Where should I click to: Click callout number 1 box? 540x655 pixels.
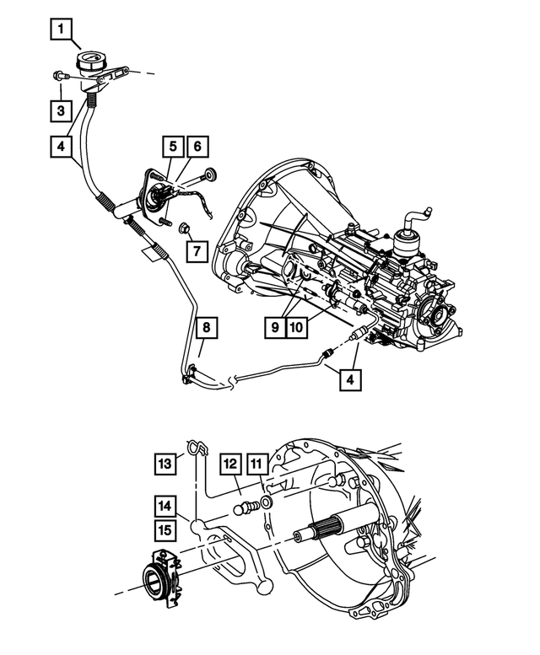60,32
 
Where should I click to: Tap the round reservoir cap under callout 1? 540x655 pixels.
89,62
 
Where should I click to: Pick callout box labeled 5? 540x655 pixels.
173,147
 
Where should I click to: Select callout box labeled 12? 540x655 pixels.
167,506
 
